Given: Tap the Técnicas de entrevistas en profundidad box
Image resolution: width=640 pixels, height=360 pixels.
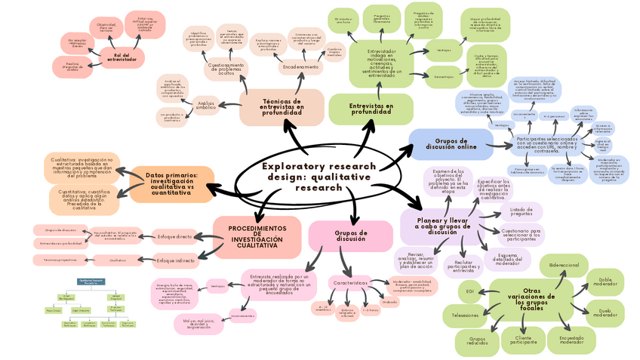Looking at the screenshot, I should tap(282, 106).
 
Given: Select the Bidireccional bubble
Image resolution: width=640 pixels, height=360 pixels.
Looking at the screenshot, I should tap(564, 266).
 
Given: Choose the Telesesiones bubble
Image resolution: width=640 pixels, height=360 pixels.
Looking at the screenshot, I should tap(465, 314).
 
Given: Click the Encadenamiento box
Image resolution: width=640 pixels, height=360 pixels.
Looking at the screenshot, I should tap(300, 67).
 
